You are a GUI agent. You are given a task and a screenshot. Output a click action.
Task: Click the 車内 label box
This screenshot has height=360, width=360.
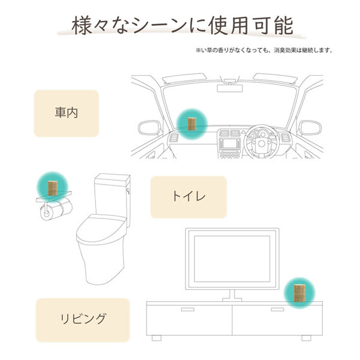click(x=67, y=113)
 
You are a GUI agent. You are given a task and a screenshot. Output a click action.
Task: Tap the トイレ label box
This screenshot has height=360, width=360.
click(x=188, y=197)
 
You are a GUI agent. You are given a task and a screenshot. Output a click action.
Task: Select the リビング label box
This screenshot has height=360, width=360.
click(x=83, y=320)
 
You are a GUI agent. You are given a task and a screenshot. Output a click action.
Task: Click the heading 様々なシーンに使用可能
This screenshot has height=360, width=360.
click(x=182, y=25)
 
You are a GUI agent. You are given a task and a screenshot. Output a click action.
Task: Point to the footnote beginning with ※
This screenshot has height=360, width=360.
click(x=264, y=50)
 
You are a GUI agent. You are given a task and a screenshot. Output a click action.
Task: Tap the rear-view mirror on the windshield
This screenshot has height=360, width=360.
click(x=230, y=88)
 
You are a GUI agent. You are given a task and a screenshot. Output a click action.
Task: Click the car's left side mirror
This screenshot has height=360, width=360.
click(x=149, y=128)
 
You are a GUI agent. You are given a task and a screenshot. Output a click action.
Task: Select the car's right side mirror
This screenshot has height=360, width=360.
click(x=311, y=128)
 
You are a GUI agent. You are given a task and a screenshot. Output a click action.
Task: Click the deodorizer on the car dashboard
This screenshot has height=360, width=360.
click(x=192, y=124)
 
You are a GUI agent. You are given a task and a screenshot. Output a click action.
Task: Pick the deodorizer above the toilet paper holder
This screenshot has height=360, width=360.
click(x=53, y=188)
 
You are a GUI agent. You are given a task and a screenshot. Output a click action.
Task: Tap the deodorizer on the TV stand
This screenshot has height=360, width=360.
click(x=299, y=293)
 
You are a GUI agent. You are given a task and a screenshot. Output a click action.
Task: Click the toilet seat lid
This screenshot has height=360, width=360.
click(x=101, y=227)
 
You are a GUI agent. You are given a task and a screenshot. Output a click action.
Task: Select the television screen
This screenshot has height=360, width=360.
click(x=232, y=259)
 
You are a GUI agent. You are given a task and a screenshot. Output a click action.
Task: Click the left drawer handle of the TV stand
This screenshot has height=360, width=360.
click(x=188, y=310)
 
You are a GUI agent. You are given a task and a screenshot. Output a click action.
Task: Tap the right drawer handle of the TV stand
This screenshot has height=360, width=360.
click(x=277, y=310)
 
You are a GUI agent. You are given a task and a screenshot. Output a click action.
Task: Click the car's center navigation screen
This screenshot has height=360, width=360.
click(x=230, y=143)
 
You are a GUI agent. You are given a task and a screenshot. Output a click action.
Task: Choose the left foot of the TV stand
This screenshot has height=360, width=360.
click(x=157, y=338)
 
